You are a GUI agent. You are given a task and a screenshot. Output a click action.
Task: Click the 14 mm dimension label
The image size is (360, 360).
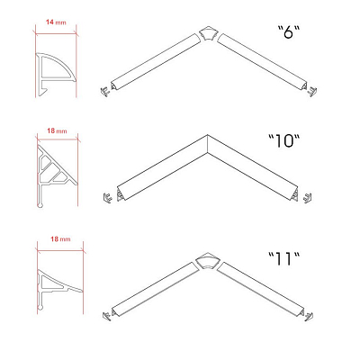56,22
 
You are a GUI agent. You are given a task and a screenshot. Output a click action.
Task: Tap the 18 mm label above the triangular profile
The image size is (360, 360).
57,130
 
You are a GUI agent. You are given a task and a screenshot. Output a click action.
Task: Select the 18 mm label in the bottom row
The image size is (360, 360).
60,238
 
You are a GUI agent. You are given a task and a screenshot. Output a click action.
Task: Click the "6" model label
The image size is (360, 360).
289,31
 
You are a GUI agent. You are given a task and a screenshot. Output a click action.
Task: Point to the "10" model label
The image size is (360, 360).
283,140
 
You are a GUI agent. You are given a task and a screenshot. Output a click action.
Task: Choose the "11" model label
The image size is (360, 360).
283,258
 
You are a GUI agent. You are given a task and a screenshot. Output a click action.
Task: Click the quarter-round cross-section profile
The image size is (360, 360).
56,75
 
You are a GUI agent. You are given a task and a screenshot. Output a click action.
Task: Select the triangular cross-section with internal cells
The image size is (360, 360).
57,175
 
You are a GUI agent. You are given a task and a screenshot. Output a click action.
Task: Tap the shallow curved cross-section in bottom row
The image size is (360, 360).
60,290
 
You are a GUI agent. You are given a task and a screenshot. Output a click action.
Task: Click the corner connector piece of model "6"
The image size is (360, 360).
208,34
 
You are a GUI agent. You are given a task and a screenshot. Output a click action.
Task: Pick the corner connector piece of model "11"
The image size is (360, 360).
207,262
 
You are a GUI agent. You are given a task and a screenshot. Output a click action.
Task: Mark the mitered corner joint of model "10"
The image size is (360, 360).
207,144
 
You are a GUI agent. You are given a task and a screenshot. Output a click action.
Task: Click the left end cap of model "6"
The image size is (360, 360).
105,91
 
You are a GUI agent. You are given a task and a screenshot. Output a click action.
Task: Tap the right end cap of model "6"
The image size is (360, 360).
312,91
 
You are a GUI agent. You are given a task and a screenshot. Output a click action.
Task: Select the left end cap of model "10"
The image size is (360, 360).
107,198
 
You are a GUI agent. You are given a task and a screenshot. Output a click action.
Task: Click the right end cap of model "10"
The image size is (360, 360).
307,198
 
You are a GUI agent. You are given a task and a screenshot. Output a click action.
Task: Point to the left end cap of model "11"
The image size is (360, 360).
107,316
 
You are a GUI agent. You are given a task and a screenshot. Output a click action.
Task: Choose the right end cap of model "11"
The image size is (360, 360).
309,316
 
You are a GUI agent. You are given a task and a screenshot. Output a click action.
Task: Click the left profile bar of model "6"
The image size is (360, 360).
156,62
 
